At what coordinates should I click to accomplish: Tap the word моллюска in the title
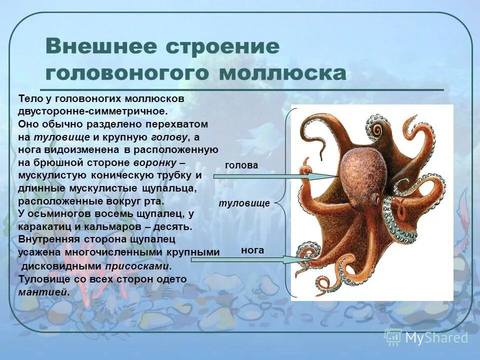pyautogui.click(x=282, y=73)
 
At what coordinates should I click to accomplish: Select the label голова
pyautogui.click(x=241, y=165)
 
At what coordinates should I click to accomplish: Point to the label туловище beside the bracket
pyautogui.click(x=244, y=203)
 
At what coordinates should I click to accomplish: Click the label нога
pyautogui.click(x=252, y=249)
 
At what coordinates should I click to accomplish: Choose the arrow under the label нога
pyautogui.click(x=250, y=259)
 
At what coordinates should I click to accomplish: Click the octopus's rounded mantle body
pyautogui.click(x=362, y=170)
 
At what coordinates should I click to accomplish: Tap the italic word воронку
pyautogui.click(x=154, y=163)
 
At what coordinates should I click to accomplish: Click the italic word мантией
pyautogui.click(x=43, y=292)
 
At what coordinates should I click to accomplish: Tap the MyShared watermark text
pyautogui.click(x=436, y=337)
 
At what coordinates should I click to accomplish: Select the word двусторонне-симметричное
pyautogui.click(x=91, y=111)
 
